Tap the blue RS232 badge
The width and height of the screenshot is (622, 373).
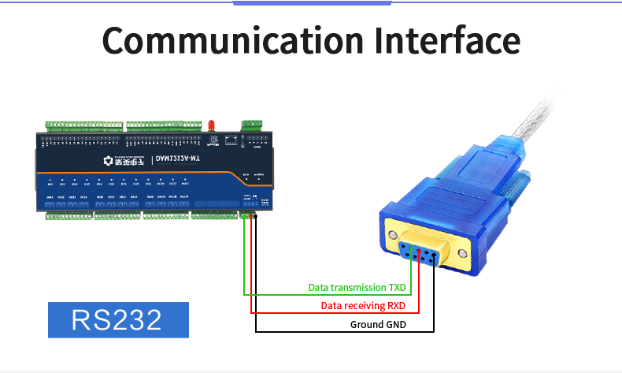(x=118, y=319)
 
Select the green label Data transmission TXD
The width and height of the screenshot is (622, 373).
(x=357, y=288)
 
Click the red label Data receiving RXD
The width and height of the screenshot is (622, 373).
(x=363, y=306)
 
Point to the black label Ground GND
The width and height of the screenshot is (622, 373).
(x=378, y=324)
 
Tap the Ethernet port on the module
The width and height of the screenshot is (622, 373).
(x=231, y=140)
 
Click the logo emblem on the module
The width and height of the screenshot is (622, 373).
(x=109, y=162)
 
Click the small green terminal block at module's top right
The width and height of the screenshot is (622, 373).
(x=252, y=125)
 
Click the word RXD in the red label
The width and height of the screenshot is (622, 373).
(x=395, y=306)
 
